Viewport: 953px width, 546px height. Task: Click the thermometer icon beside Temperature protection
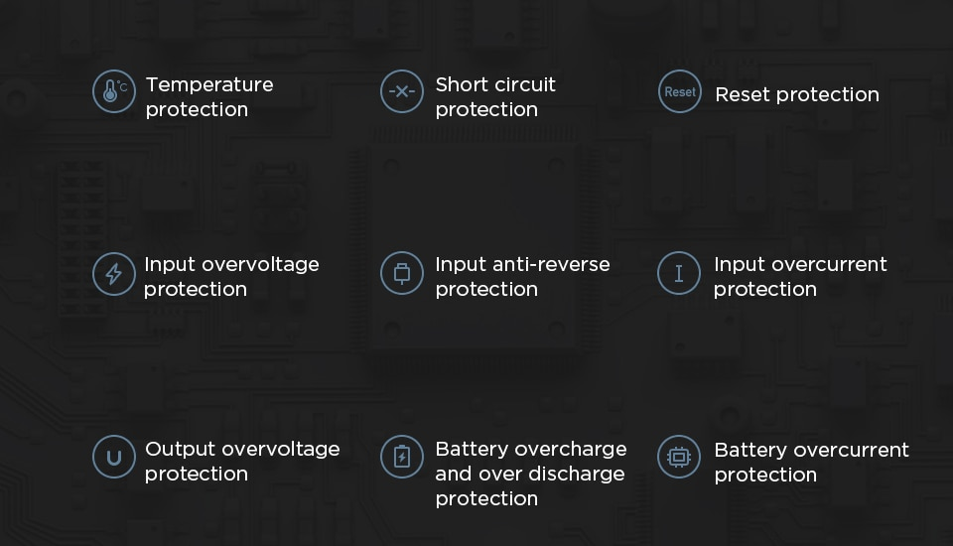point(113,92)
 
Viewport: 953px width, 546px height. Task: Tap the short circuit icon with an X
point(401,92)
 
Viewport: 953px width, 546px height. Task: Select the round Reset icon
point(679,92)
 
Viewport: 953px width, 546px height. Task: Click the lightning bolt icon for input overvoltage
point(113,273)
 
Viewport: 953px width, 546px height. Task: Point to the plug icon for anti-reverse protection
point(401,273)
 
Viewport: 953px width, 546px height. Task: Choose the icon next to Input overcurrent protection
point(679,273)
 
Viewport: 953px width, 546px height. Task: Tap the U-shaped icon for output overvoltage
point(113,458)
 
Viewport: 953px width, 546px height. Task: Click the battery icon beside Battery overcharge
point(401,458)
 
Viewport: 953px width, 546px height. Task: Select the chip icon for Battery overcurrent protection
point(679,458)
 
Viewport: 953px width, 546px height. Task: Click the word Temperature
point(209,84)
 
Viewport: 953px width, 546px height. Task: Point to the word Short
point(461,84)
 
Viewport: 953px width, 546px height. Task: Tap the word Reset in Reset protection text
point(743,94)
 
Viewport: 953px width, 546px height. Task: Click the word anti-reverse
point(551,264)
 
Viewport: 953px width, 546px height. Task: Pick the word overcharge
point(571,449)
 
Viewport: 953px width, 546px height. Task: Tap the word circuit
point(524,84)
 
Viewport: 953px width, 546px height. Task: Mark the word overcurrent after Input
point(829,264)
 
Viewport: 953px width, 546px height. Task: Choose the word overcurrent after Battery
point(853,450)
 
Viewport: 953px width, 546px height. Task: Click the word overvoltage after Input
point(260,264)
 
